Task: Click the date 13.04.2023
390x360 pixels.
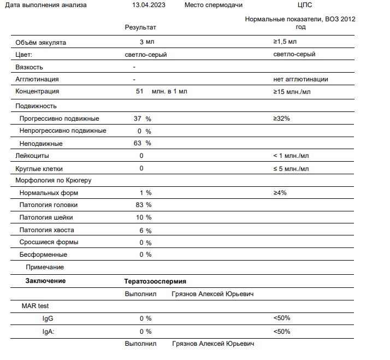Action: tap(149, 5)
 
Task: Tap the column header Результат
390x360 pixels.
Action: tap(140, 27)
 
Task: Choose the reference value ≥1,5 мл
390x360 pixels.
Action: tap(285, 42)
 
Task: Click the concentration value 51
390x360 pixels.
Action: tap(139, 91)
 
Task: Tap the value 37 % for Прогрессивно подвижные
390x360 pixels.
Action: tap(142, 119)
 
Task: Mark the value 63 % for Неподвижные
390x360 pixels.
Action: tap(142, 143)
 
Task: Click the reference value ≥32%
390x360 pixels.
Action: tap(281, 119)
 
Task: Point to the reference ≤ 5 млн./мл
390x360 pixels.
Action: tap(291, 168)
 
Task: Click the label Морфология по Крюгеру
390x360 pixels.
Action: tap(53, 180)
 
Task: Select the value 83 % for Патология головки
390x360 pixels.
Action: tap(143, 205)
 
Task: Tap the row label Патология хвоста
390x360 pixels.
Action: tap(46, 230)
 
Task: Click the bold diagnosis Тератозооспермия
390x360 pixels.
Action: tap(155, 281)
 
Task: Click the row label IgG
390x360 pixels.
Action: tap(48, 318)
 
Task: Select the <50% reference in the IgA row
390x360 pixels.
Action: tap(282, 331)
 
